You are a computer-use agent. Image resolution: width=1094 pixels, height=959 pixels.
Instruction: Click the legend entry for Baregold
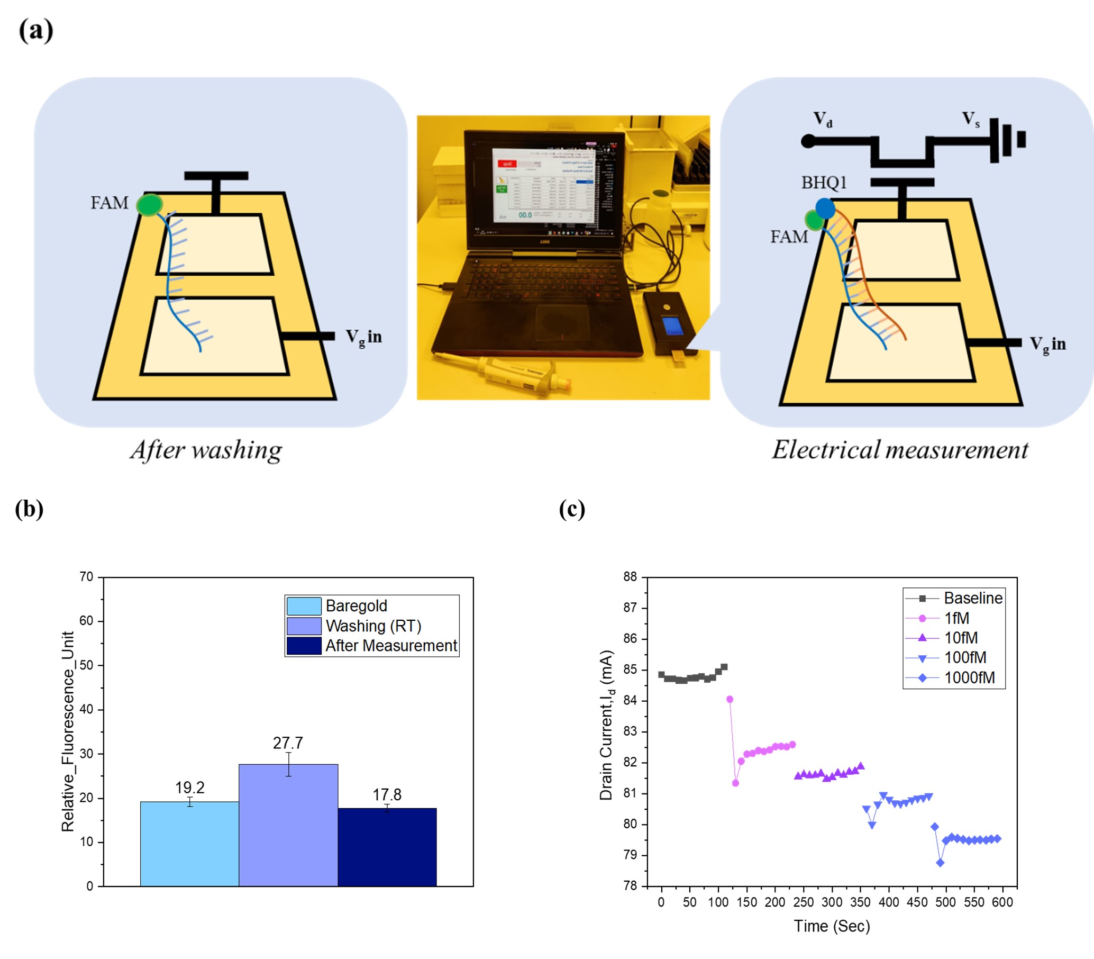point(355,606)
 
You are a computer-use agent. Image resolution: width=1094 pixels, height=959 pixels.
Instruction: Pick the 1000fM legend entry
point(968,677)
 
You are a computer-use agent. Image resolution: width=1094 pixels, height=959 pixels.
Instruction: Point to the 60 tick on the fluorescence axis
point(86,621)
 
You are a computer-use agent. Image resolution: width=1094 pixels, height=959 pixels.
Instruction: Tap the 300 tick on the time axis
point(831,902)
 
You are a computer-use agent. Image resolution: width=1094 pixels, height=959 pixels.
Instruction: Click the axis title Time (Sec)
point(831,926)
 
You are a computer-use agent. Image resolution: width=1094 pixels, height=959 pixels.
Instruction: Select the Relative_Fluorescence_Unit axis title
point(68,731)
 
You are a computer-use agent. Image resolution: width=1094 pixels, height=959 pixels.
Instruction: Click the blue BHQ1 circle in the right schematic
point(825,208)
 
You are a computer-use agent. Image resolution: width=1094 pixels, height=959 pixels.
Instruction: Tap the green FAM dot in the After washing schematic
point(149,205)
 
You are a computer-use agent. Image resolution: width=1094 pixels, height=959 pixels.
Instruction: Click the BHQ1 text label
point(823,183)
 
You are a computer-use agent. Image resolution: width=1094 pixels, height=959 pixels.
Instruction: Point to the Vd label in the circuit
point(822,119)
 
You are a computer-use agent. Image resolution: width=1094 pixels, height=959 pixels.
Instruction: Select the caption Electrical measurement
point(899,450)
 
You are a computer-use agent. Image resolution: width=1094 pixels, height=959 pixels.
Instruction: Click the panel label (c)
point(571,510)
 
